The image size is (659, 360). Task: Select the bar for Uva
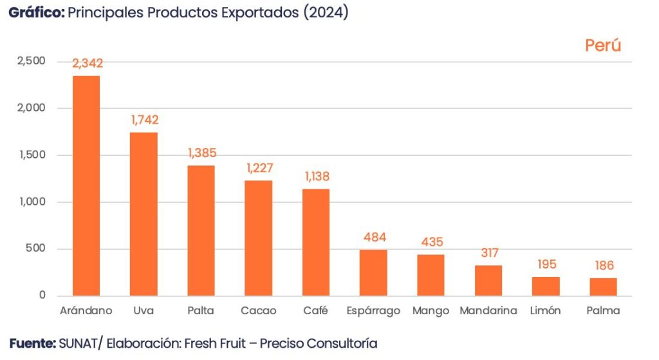[x=144, y=214]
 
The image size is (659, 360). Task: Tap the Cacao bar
[x=258, y=238]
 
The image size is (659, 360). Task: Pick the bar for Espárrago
[x=373, y=272]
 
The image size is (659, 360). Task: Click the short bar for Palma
[x=603, y=287]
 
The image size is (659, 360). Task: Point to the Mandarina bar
[x=488, y=280]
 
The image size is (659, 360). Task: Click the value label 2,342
[x=88, y=63]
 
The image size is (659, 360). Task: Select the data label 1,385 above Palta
[x=202, y=153]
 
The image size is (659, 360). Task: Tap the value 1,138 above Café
[x=315, y=176]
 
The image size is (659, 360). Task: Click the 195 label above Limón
[x=546, y=265]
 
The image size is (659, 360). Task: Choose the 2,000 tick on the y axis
[x=32, y=108]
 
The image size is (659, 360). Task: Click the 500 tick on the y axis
[x=36, y=249]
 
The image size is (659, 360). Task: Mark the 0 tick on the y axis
[x=42, y=296]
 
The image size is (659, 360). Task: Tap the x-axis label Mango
[x=431, y=311]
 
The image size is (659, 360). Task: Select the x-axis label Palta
[x=201, y=311]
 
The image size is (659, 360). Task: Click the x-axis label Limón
[x=545, y=311]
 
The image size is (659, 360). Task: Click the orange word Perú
[x=603, y=46]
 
